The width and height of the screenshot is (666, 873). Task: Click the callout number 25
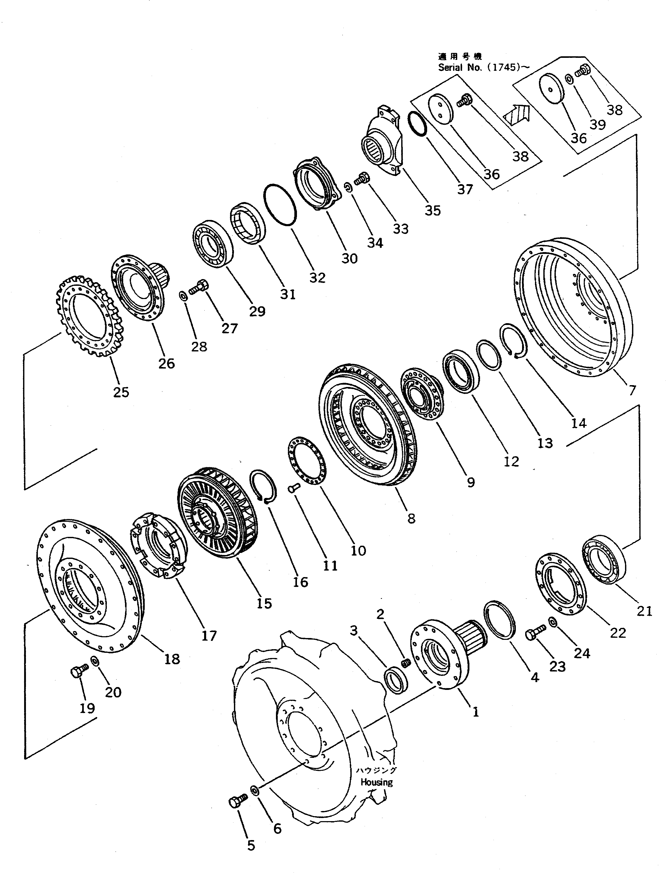click(x=121, y=392)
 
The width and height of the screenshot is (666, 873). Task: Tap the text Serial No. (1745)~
click(x=483, y=67)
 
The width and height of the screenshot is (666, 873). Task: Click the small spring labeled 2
click(x=406, y=662)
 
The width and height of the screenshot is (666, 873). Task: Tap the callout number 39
click(x=598, y=124)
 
